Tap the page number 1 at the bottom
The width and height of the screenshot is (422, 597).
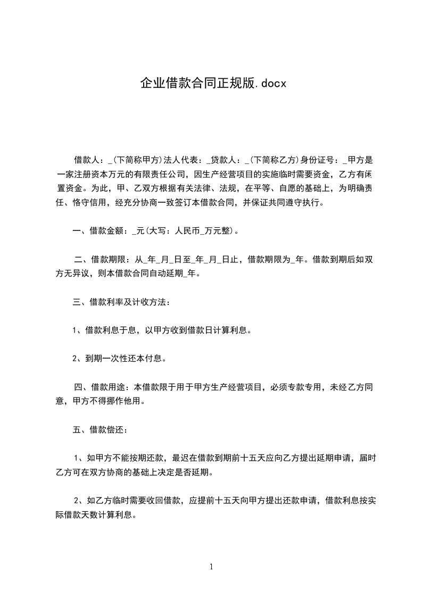(211, 567)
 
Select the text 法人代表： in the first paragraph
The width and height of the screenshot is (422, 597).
(183, 160)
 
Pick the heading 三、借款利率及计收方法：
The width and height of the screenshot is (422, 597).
(122, 303)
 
